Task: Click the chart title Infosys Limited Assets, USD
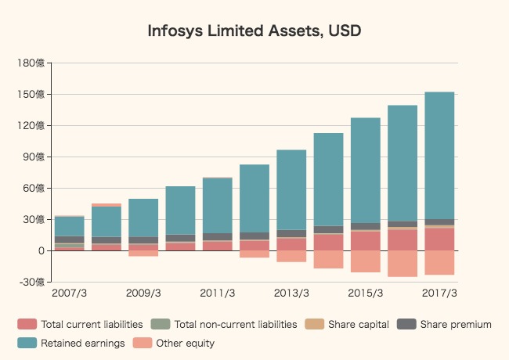coord(254,31)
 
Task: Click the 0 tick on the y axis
coord(40,250)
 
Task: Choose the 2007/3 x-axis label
coord(70,293)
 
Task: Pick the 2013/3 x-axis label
coord(291,293)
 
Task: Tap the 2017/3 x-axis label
coord(439,293)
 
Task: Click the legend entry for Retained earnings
coord(82,343)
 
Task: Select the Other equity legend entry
coord(185,343)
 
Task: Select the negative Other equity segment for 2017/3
coord(439,262)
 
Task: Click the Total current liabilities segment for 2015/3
coord(366,240)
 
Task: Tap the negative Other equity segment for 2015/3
coord(366,261)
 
